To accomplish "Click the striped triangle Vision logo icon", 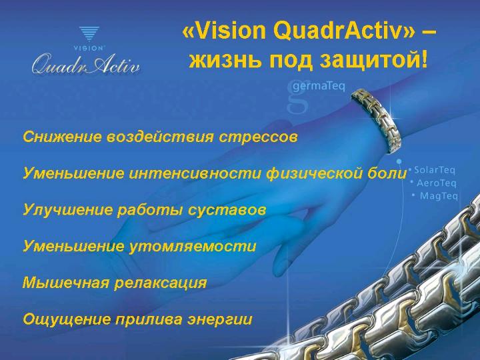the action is pos(89,34).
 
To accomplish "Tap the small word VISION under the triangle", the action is pos(89,48).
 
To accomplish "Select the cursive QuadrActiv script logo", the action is pos(86,64).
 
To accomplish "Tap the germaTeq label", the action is pos(319,86).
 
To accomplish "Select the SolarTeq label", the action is pos(435,170).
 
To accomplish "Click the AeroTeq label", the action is pos(437,183).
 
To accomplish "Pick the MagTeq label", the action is pos(439,195).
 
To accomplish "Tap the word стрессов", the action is pos(258,137).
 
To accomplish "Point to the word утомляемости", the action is pos(192,247).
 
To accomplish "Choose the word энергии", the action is pos(220,319).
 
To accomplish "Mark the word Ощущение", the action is pos(67,319).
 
